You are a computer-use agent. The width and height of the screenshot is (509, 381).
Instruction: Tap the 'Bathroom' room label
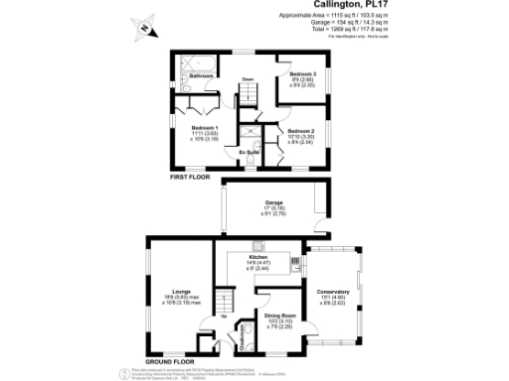pyautogui.click(x=203, y=75)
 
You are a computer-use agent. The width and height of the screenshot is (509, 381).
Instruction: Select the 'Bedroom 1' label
pyautogui.click(x=205, y=128)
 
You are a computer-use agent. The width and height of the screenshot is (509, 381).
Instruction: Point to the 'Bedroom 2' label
pyautogui.click(x=301, y=131)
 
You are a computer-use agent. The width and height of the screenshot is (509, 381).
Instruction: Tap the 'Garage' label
pyautogui.click(x=272, y=201)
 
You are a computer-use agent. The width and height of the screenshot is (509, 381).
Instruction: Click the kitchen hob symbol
pyautogui.click(x=258, y=244)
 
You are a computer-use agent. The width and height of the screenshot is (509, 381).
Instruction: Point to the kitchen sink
pyautogui.click(x=295, y=264)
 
